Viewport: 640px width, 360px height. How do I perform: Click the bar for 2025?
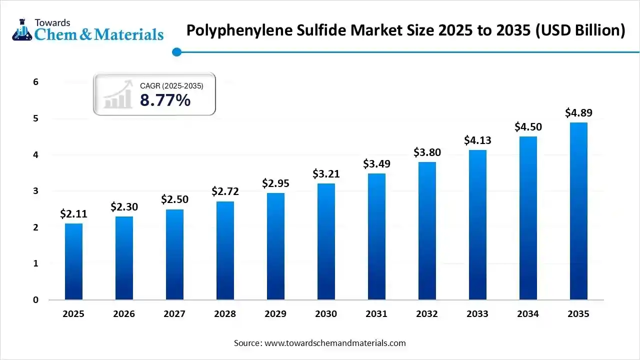73,261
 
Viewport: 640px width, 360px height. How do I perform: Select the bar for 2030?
326,241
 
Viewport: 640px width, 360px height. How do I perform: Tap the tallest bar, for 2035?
578,211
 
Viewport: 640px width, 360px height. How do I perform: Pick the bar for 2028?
225,250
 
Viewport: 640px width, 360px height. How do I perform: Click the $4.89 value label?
578,113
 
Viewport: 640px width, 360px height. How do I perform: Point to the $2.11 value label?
73,214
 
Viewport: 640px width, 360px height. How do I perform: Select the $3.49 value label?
376,164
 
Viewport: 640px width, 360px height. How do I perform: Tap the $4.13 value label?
477,140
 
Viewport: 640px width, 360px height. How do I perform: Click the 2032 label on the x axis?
427,314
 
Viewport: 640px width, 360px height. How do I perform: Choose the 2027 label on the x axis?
174,314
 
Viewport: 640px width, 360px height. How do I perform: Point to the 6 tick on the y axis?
35,82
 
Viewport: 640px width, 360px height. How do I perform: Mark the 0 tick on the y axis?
35,300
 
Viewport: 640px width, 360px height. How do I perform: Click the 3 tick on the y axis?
35,191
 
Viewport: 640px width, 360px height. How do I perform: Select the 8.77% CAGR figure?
165,100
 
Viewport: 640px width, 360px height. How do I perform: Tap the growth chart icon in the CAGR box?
118,94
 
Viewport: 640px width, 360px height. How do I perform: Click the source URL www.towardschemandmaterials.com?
335,343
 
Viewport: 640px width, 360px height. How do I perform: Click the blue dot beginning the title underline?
176,52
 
